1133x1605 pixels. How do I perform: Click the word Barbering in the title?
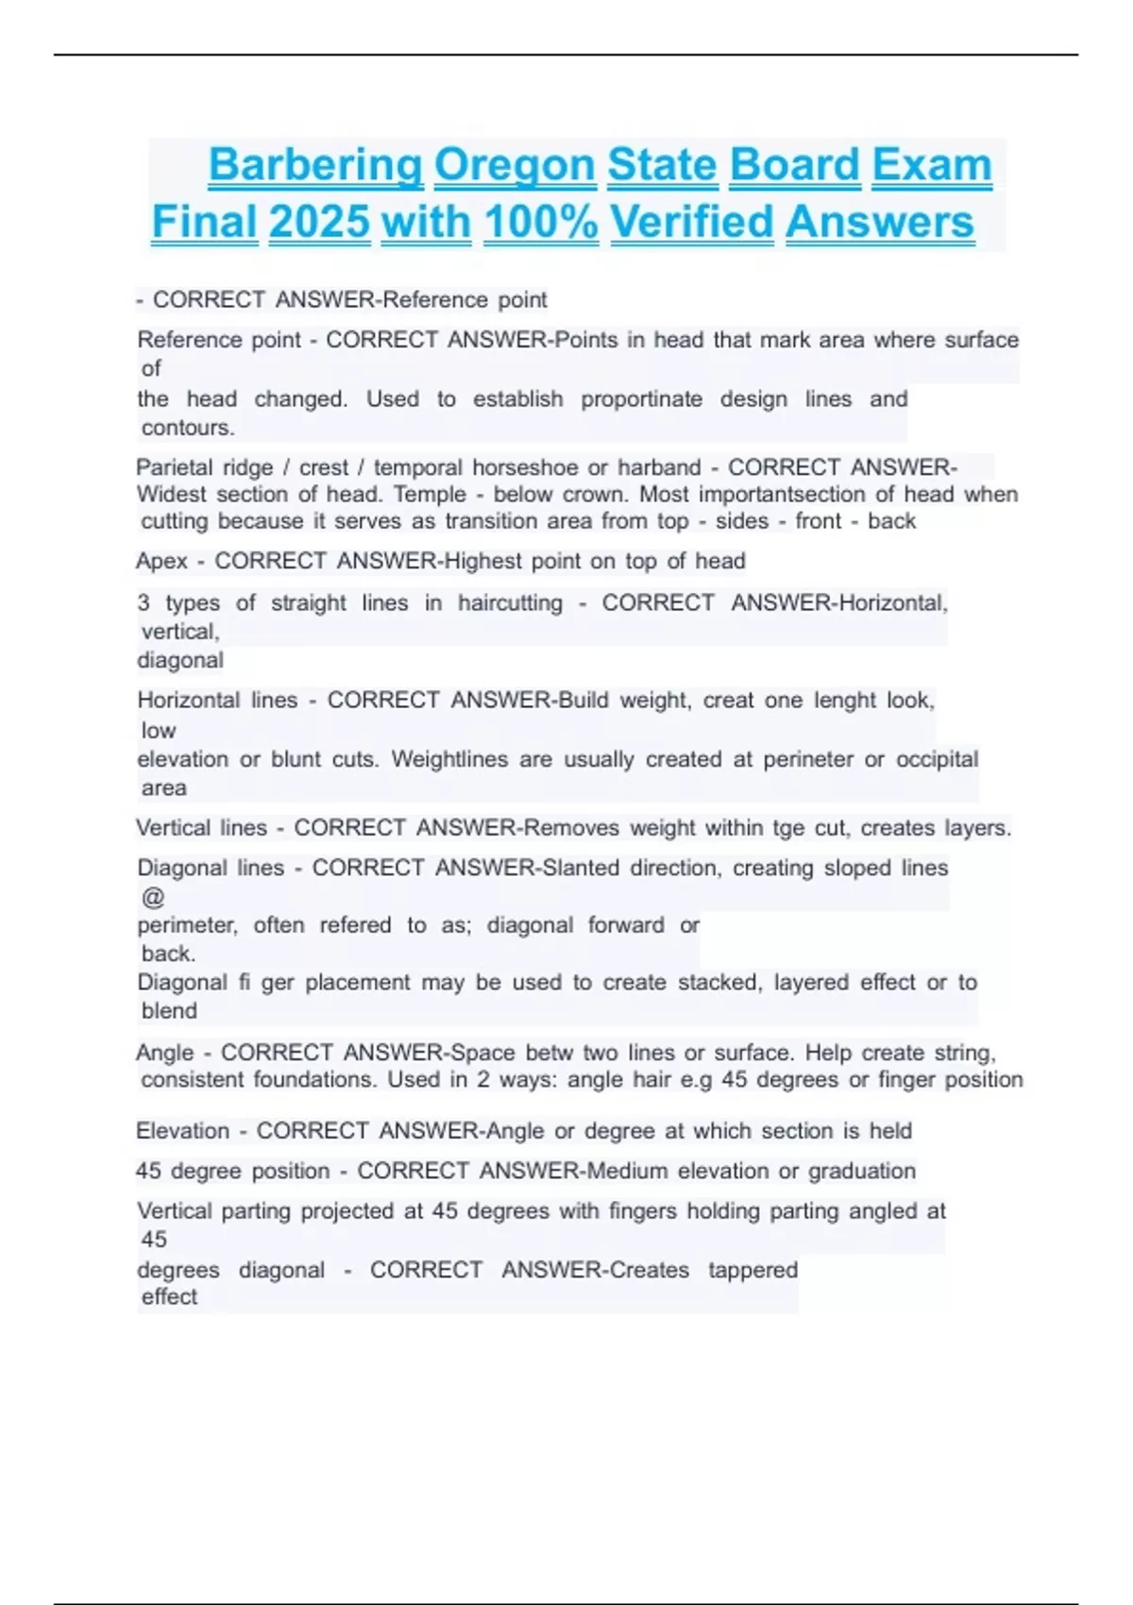point(315,165)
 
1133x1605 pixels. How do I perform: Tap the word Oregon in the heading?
point(515,165)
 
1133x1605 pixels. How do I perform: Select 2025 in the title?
point(319,223)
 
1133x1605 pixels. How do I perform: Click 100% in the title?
point(541,223)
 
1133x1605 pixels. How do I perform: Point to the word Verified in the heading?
point(692,223)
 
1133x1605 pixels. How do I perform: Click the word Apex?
point(161,561)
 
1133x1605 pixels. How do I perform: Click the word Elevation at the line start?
point(182,1130)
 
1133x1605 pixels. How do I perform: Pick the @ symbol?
point(152,897)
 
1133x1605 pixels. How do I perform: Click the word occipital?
point(937,759)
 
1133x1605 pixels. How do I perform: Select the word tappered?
point(753,1269)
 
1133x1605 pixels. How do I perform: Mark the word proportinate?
point(641,398)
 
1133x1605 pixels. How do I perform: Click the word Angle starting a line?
point(164,1052)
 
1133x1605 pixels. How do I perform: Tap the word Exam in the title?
point(931,165)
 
